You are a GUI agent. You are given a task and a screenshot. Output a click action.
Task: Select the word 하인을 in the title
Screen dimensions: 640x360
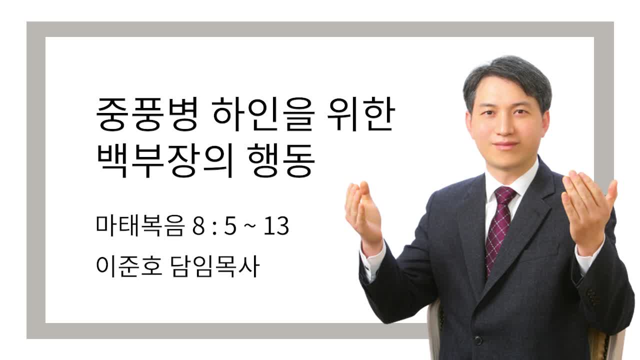(x=263, y=114)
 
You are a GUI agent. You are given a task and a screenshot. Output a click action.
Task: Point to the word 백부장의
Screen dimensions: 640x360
(x=165, y=160)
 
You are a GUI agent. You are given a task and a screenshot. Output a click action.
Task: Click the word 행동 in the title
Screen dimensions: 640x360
(x=281, y=160)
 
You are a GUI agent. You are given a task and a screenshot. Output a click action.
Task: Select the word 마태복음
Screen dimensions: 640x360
(x=139, y=225)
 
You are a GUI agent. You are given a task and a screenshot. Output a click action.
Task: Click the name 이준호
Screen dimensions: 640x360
(x=129, y=266)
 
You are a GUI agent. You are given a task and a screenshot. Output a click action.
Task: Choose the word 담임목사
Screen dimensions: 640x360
(x=215, y=266)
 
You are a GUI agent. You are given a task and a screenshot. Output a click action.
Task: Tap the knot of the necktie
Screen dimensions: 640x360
(x=504, y=194)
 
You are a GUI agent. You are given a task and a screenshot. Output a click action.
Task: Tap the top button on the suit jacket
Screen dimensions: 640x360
(x=478, y=340)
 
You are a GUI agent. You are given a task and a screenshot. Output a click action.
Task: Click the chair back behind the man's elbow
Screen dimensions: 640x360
(x=435, y=328)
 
